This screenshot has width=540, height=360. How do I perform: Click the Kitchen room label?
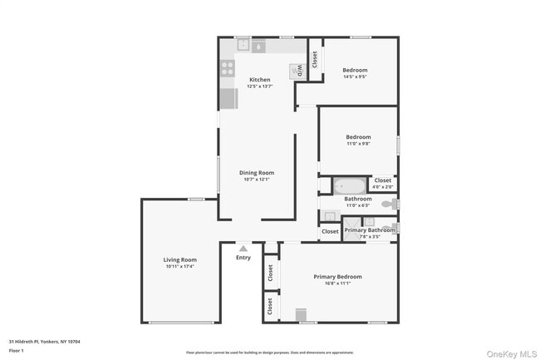pos(259,80)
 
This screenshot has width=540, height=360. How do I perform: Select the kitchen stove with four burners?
pos(227,70)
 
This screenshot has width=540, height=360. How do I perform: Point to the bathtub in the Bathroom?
pos(351,185)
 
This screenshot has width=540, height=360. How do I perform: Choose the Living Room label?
pos(179,259)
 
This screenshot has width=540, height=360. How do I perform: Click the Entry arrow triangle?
pos(243,248)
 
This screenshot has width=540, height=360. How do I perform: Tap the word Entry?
pos(243,257)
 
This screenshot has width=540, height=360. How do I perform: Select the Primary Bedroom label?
pos(337,276)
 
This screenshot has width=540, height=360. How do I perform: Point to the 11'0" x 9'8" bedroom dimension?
pos(358,143)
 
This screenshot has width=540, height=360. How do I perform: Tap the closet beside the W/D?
pos(315,59)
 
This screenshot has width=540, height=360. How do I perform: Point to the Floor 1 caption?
pos(17,351)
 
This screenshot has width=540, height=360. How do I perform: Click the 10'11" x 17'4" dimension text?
pos(179,266)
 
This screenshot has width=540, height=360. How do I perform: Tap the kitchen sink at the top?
pos(258,47)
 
